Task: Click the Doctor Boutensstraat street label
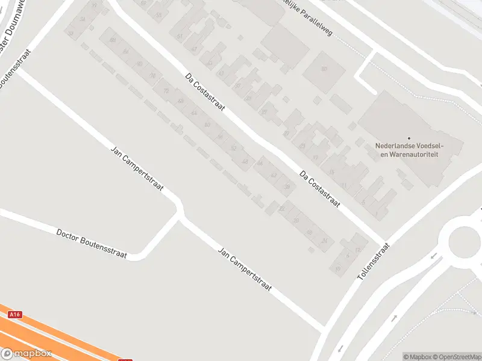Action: click(92, 244)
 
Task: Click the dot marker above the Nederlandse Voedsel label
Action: click(409, 138)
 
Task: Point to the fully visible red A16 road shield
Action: click(15, 314)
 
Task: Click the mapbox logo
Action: click(26, 354)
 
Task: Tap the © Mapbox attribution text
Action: click(418, 357)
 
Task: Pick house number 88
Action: click(113, 40)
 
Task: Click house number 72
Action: click(166, 90)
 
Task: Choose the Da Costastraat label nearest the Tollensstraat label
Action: click(320, 190)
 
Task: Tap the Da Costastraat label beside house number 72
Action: click(205, 94)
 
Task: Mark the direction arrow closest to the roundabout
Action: click(434, 257)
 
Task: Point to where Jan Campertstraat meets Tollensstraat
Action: click(325, 329)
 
